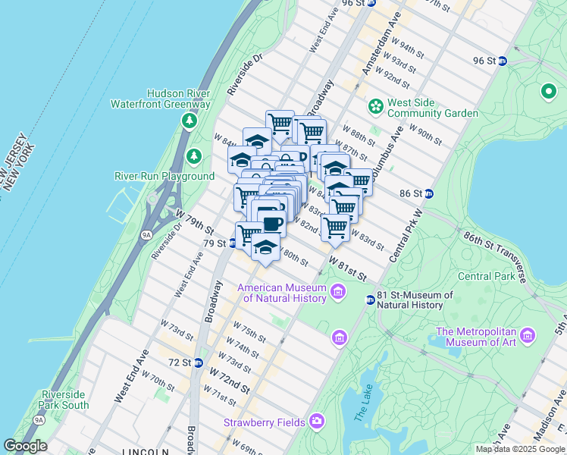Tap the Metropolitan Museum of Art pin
pos(528,334)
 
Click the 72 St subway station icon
pos(198,362)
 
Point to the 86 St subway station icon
pos(428,193)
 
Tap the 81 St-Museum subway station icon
pos(371,300)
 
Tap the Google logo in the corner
pos(25,446)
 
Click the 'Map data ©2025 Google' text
pos(520,449)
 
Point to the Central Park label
pos(486,276)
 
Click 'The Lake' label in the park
pos(362,409)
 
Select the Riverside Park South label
pos(64,400)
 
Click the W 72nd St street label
pos(230,379)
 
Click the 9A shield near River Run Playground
pos(146,235)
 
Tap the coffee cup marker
pos(271,221)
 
